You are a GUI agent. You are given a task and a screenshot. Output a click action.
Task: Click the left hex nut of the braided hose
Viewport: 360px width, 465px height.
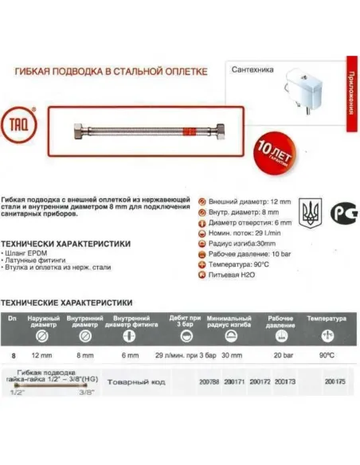[x=61, y=127]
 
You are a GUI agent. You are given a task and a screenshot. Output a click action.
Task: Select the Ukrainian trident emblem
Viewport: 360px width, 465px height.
[x=308, y=213]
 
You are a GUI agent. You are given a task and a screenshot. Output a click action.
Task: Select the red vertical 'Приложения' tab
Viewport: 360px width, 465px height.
[x=350, y=91]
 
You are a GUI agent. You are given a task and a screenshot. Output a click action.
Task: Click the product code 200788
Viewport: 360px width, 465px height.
[x=209, y=382]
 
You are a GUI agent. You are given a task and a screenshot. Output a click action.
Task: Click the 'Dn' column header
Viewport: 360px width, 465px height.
[x=11, y=318]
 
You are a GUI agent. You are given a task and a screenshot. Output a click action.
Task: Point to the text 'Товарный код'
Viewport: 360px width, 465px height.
[x=136, y=382]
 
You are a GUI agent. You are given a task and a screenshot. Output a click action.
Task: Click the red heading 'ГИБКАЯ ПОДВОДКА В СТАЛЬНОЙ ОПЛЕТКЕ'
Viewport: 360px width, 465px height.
[x=112, y=72]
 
